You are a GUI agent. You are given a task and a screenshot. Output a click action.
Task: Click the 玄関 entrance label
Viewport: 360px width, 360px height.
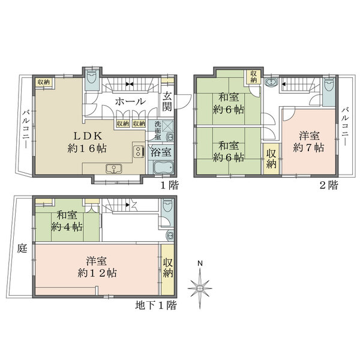click(167, 101)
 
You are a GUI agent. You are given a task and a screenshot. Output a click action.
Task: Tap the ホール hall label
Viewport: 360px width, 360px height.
click(130, 101)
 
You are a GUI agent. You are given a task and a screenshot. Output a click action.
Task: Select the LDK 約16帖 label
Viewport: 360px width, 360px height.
click(87, 143)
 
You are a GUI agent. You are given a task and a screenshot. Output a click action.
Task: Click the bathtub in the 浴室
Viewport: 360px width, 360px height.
click(163, 168)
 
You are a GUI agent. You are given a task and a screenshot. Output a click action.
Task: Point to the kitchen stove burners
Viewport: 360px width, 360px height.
click(139, 151)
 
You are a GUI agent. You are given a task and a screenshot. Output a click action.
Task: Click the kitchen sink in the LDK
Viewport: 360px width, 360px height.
click(114, 169)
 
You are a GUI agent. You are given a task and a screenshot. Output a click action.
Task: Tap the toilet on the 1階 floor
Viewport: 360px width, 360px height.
click(92, 77)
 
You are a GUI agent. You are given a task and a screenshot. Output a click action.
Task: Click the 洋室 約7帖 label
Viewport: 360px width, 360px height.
click(309, 142)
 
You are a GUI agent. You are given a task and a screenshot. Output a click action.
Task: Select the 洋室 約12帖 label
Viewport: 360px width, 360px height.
click(97, 267)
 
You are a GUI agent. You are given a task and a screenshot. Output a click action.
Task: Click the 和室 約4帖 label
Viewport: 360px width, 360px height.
click(67, 221)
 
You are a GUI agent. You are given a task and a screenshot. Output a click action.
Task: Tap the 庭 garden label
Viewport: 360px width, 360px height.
click(22, 248)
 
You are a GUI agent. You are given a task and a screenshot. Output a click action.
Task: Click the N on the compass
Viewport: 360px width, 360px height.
click(200, 263)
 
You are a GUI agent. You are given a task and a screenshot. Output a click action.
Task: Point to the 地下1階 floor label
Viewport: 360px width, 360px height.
click(156, 305)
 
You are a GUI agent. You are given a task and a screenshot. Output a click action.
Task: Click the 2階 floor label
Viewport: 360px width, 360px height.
click(329, 185)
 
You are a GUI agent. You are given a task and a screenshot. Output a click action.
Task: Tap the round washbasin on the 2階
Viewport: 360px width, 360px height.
click(271, 82)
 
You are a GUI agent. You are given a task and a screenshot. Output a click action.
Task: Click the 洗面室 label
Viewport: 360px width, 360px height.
click(157, 131)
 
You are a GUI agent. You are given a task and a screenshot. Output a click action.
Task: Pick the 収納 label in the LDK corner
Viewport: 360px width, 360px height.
click(44, 82)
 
